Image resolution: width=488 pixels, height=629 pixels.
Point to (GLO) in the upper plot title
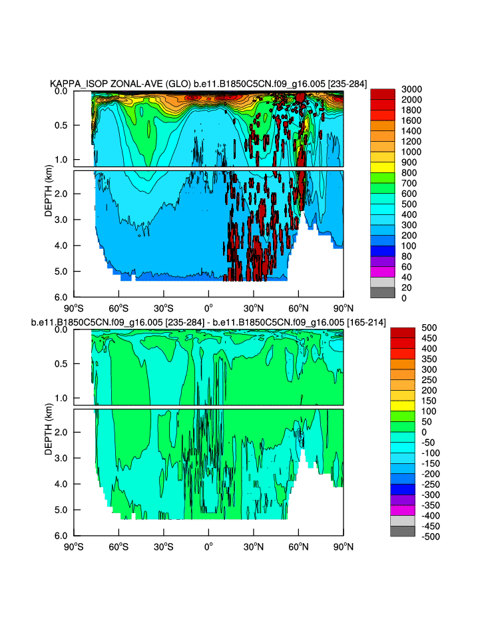[x=178, y=84]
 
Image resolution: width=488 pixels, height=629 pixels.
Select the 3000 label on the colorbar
[x=411, y=89]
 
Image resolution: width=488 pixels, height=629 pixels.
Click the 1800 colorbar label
[x=411, y=110]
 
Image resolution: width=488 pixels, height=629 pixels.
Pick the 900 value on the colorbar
[x=409, y=162]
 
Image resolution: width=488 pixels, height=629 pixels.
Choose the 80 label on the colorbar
[x=406, y=256]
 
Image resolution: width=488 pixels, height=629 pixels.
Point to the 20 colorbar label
[x=406, y=288]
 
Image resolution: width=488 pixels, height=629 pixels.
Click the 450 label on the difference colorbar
[x=409, y=338]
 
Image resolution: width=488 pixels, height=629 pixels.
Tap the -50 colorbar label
[x=409, y=443]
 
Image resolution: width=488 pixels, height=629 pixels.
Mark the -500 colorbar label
[x=411, y=536]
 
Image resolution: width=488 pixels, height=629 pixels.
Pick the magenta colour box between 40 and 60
[x=383, y=272]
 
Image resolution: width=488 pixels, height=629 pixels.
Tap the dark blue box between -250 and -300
[x=403, y=489]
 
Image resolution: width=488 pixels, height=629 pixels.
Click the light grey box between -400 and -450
[x=403, y=521]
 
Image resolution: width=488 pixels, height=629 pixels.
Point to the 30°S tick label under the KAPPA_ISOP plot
[x=164, y=308]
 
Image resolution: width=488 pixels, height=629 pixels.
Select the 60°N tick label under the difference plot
[x=298, y=546]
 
